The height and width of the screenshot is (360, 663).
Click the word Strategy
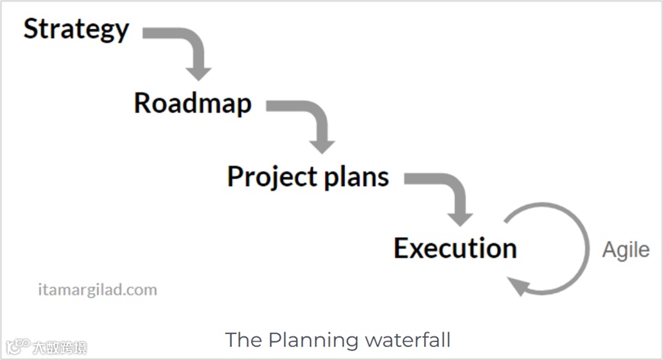pos(76,30)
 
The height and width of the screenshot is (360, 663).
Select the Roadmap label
pos(192,103)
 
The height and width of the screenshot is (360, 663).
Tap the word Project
pos(270,177)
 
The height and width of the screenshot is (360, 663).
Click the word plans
pos(355,177)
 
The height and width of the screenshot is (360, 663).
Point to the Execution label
pos(455,248)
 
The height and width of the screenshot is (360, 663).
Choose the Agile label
pos(626,249)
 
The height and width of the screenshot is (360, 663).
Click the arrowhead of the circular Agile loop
pos(520,287)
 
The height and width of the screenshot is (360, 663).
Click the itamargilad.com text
pos(97,290)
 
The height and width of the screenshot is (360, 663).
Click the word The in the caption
pos(243,339)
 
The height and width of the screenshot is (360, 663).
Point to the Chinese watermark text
pos(59,348)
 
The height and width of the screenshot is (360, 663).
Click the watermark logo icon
pos(19,347)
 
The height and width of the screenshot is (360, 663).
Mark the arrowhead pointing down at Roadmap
pos(198,72)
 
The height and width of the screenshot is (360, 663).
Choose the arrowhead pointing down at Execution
pos(459,217)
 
